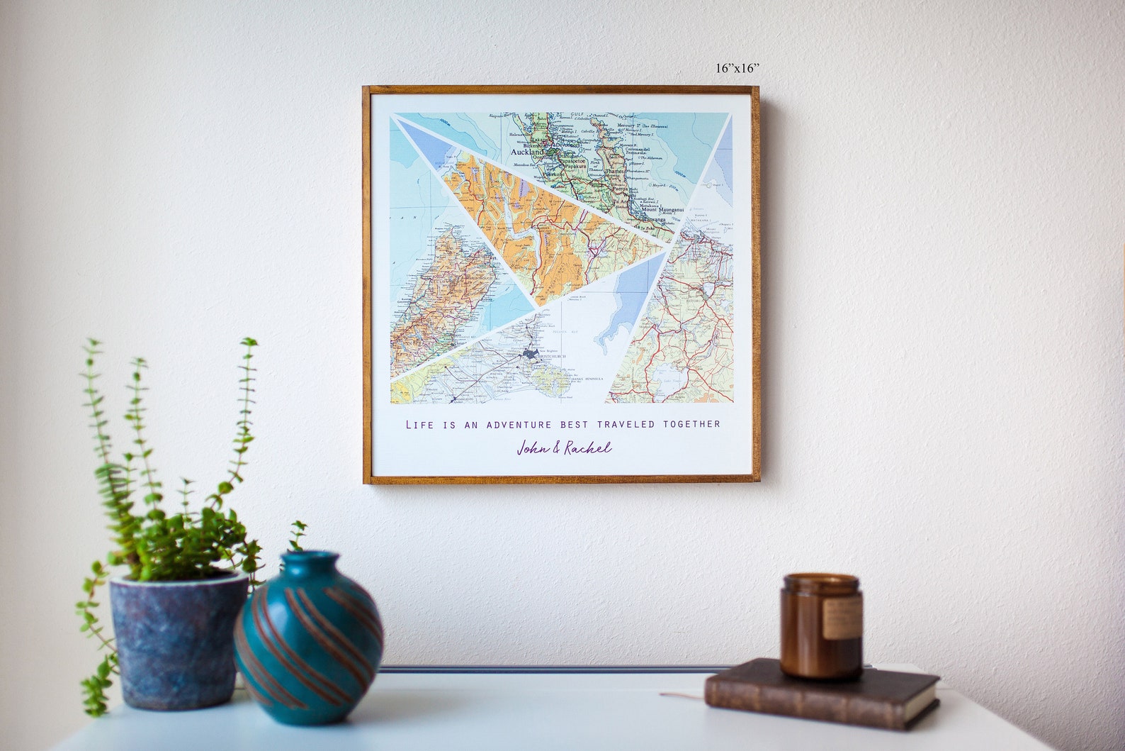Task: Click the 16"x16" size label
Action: [x=737, y=68]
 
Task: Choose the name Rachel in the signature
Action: [x=587, y=448]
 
